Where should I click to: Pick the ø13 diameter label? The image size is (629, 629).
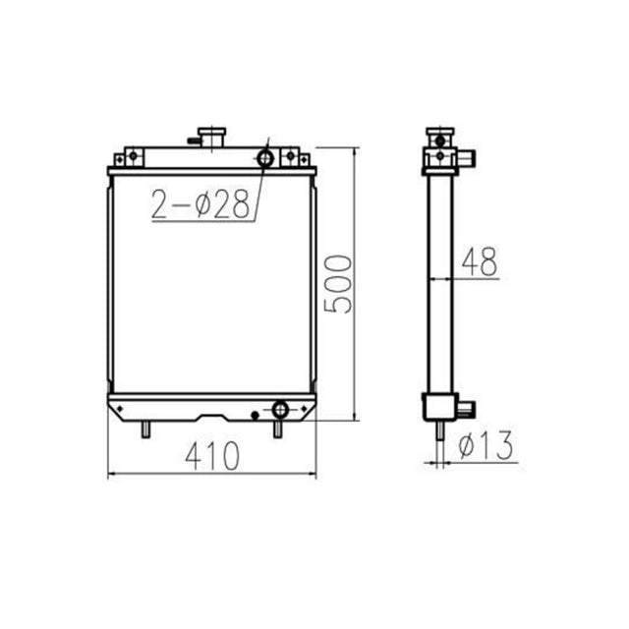486,448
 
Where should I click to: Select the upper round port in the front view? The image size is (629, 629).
265,158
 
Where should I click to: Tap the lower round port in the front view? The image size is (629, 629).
279,409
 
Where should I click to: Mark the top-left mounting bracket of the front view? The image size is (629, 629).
132,157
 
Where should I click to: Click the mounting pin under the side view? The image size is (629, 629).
437,431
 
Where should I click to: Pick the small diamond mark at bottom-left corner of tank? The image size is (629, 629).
118,411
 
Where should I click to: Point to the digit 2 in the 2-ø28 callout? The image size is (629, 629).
161,203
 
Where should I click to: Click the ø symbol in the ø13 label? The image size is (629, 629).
468,448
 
